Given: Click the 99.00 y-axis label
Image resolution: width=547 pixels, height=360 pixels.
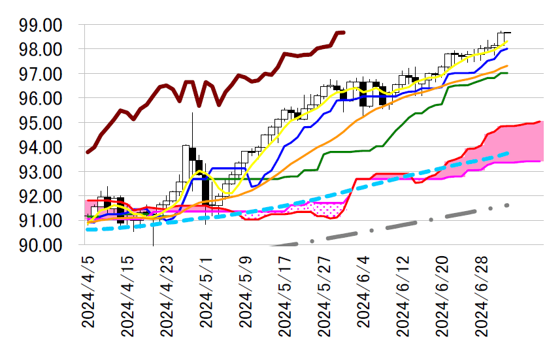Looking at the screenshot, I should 41,25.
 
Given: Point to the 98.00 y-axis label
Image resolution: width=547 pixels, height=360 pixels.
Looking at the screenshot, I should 41,50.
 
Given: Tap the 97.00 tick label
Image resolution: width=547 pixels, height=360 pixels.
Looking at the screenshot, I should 41,74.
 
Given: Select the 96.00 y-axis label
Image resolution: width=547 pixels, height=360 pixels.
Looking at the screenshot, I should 41,99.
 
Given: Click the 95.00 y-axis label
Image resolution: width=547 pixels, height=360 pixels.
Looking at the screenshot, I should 41,123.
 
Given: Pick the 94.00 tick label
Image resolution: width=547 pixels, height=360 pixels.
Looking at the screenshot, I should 41,148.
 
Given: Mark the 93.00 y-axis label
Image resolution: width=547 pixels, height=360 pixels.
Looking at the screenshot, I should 41,172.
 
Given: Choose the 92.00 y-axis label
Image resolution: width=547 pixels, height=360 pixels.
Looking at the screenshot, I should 41,197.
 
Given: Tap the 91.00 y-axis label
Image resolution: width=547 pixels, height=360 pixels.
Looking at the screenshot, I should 41,221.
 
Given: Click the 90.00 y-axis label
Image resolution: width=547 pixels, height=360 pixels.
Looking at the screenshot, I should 41,245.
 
